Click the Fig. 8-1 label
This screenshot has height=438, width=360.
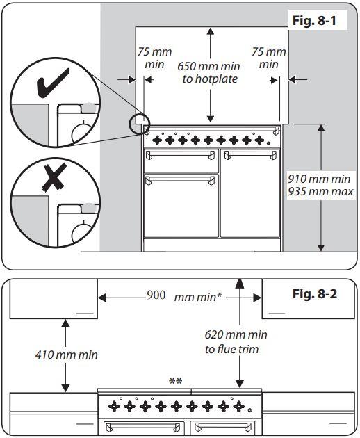click(x=314, y=20)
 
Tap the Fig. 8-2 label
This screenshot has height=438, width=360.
click(x=315, y=293)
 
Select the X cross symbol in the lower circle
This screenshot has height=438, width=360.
click(x=54, y=177)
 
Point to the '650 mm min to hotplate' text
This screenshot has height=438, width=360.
click(x=209, y=72)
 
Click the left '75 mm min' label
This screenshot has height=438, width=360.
click(x=154, y=58)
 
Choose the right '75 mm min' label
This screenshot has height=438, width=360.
click(x=269, y=58)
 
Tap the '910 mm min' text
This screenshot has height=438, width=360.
click(x=319, y=179)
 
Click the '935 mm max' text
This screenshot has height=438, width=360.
click(x=320, y=192)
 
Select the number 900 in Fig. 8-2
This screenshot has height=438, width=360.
click(x=156, y=295)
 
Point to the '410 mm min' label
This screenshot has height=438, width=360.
click(x=67, y=355)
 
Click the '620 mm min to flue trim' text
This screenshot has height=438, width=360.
click(x=236, y=341)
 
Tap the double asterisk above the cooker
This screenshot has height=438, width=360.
click(x=176, y=381)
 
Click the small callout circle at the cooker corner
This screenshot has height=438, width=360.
click(x=140, y=124)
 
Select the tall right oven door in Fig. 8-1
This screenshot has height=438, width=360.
click(x=250, y=193)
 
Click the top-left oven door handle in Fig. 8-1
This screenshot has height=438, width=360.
click(x=181, y=154)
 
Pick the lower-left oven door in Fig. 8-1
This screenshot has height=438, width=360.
click(x=181, y=206)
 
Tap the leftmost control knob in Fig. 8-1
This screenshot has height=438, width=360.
click(x=157, y=139)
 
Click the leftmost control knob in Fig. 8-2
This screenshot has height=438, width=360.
click(x=114, y=406)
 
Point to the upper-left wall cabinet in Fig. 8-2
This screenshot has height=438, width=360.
click(x=54, y=299)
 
